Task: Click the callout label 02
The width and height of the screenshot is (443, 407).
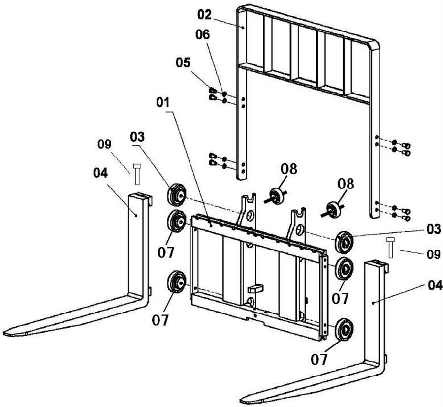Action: [204, 15]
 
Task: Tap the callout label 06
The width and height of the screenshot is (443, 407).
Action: [203, 35]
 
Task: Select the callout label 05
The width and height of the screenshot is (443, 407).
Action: [183, 63]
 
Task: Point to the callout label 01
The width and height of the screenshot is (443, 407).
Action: [163, 102]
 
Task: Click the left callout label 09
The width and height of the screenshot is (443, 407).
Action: [104, 144]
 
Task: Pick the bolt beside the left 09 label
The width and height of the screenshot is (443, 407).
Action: [137, 174]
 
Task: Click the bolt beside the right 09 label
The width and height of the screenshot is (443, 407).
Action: [391, 248]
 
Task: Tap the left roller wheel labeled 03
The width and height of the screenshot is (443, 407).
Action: [176, 194]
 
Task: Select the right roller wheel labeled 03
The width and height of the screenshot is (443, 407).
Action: [344, 242]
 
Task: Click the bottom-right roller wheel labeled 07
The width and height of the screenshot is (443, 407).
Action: [344, 330]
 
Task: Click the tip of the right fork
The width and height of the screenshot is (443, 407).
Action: [242, 401]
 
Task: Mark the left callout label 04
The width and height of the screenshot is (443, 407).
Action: [100, 173]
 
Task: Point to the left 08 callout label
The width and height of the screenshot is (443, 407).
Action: [289, 169]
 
